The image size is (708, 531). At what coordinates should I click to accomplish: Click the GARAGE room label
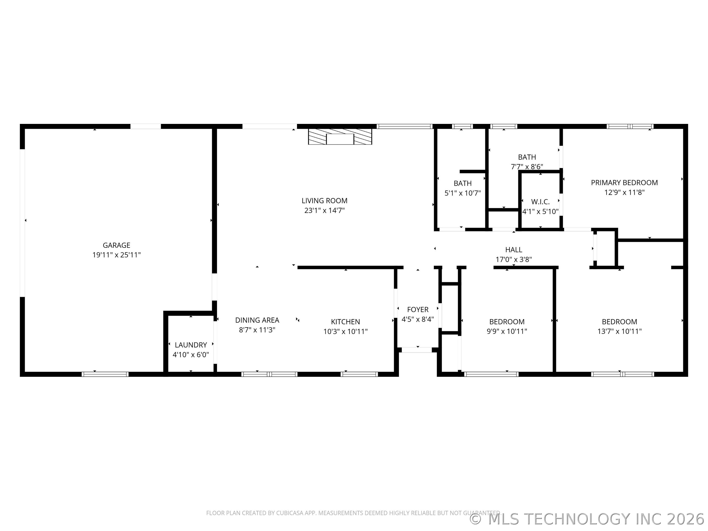(x=116, y=245)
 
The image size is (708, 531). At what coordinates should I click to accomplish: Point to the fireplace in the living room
(x=340, y=137)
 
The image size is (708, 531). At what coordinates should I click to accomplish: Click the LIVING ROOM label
(x=324, y=201)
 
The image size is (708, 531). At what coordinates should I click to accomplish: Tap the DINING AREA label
(x=257, y=320)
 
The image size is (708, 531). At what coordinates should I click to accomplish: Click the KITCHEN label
(x=345, y=322)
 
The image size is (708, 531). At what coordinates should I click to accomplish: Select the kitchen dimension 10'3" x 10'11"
(x=345, y=332)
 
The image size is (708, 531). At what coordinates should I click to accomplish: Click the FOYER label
(x=418, y=310)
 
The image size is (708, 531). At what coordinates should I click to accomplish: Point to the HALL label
(x=513, y=250)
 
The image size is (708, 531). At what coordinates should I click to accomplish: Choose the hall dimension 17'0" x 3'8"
(x=513, y=260)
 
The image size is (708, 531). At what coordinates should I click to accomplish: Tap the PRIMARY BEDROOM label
(x=624, y=183)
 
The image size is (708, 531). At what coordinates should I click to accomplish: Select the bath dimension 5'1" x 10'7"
(x=462, y=193)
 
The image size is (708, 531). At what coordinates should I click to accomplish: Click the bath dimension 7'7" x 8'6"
(x=527, y=167)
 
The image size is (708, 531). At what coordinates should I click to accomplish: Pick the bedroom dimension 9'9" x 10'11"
(x=507, y=332)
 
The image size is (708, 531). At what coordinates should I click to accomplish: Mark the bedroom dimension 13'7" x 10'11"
(x=619, y=332)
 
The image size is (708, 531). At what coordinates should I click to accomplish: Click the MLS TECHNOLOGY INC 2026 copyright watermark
(x=587, y=519)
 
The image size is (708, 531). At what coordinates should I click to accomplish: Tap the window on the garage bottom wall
(x=105, y=374)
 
